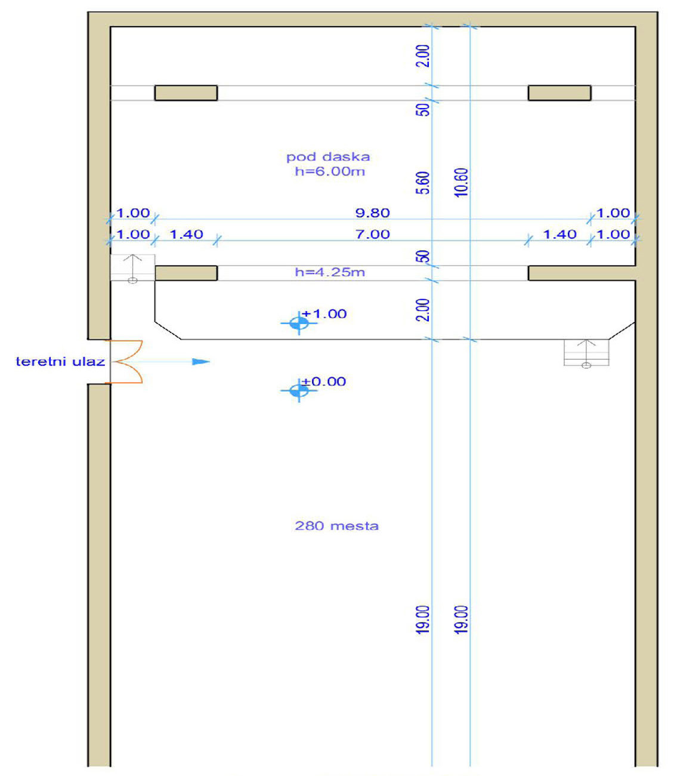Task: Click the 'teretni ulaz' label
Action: click(60, 362)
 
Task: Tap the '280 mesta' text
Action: click(337, 526)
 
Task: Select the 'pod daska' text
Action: click(328, 156)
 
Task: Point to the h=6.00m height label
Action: click(330, 171)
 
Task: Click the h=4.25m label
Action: click(330, 272)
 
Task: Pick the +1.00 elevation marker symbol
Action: click(299, 323)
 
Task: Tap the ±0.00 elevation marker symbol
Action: click(299, 390)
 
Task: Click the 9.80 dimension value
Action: click(372, 213)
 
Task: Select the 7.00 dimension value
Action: click(372, 234)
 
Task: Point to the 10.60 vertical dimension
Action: click(462, 183)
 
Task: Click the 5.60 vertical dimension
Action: click(423, 183)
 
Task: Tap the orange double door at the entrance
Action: click(126, 362)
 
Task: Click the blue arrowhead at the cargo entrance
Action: click(201, 362)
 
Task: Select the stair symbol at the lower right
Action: click(586, 353)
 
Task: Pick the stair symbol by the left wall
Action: click(132, 269)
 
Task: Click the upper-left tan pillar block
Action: click(186, 93)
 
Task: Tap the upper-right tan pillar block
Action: click(559, 93)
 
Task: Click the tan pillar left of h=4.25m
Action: click(186, 273)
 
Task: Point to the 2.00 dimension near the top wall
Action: click(423, 56)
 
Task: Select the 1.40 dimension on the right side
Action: click(560, 234)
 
